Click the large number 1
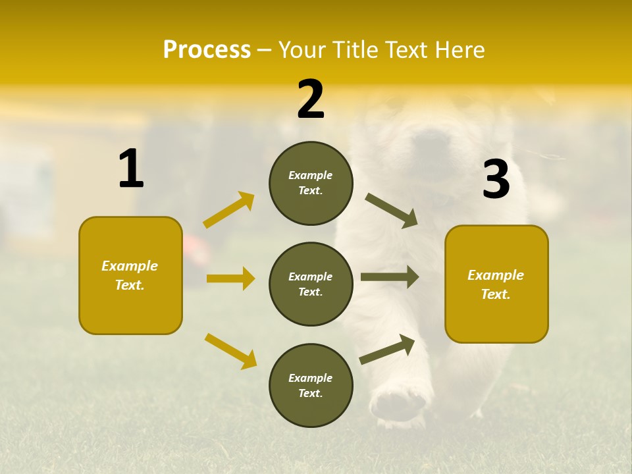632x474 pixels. [x=131, y=169]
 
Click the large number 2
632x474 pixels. [x=311, y=99]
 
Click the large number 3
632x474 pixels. [x=496, y=180]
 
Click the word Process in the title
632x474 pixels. [x=207, y=49]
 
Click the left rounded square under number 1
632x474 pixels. [x=130, y=275]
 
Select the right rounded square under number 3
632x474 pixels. [x=496, y=284]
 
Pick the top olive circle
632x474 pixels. [x=311, y=183]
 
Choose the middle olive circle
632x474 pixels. [x=311, y=284]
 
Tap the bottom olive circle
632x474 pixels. [x=311, y=385]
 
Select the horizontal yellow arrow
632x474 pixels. [x=230, y=278]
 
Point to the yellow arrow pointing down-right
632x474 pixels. [x=230, y=351]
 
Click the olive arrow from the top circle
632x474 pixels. [x=392, y=211]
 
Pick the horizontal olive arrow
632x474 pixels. [x=390, y=277]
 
